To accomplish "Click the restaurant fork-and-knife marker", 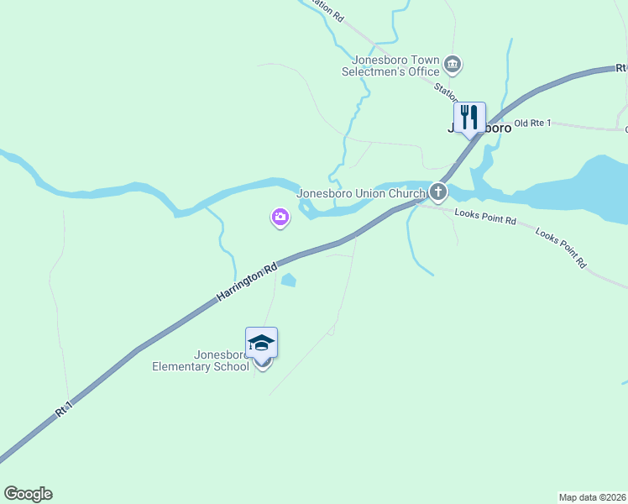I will [x=469, y=117].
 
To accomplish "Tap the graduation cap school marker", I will [x=261, y=343].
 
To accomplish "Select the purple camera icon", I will [x=280, y=218].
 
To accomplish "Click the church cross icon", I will [x=438, y=193].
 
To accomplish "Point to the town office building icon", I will [x=453, y=65].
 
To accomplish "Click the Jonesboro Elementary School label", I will [x=200, y=360].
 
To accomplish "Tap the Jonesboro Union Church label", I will [x=362, y=193].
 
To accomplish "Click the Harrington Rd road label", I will [x=246, y=283].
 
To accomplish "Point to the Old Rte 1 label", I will [x=532, y=123].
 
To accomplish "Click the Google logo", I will [x=28, y=494].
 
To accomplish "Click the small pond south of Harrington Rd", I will [x=288, y=281].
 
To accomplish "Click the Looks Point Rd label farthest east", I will [x=560, y=249].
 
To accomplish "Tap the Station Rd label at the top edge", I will [x=326, y=8].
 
